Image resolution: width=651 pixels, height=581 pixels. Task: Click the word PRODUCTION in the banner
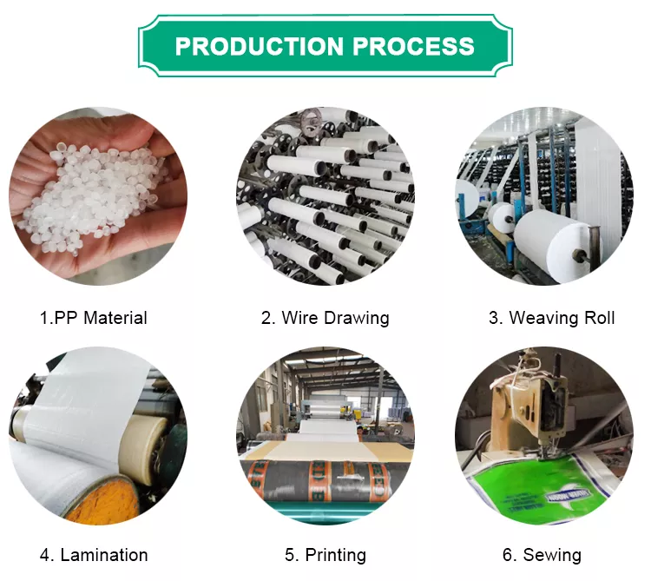[259, 46]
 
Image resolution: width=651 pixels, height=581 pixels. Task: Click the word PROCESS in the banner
[413, 46]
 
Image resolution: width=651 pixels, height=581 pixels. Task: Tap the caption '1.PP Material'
[94, 318]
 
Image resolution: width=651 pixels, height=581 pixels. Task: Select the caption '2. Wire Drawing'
[325, 318]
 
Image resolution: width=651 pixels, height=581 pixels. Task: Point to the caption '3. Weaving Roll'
[552, 318]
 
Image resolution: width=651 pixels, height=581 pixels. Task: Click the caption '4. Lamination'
[94, 555]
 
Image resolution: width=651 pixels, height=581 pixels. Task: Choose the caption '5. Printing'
[325, 555]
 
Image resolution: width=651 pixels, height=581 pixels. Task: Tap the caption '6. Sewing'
[542, 555]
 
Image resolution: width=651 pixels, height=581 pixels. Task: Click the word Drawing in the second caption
[356, 318]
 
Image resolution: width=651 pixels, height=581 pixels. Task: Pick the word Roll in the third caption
[600, 318]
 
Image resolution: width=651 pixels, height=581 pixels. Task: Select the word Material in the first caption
[115, 318]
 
